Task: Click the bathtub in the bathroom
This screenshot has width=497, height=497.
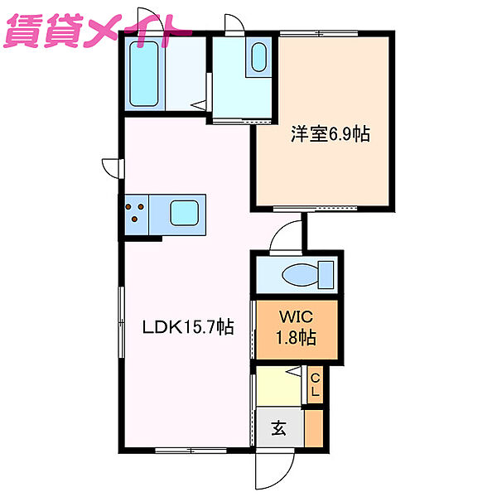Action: click(143, 74)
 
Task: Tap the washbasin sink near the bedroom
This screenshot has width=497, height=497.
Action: click(258, 57)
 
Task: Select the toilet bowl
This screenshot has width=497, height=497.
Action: click(307, 275)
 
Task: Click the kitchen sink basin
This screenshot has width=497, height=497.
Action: click(184, 213)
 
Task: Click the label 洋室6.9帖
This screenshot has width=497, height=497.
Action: click(331, 134)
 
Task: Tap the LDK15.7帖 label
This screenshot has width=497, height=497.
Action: click(188, 327)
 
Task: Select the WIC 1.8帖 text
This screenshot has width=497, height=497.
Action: click(296, 327)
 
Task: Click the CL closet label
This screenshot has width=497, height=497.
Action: click(315, 385)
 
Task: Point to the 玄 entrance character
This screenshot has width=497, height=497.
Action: click(279, 428)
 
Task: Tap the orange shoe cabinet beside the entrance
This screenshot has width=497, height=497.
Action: click(314, 428)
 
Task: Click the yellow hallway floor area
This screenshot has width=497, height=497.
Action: click(278, 386)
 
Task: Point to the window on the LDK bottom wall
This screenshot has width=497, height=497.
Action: click(191, 450)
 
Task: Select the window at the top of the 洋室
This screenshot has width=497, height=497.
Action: click(319, 33)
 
